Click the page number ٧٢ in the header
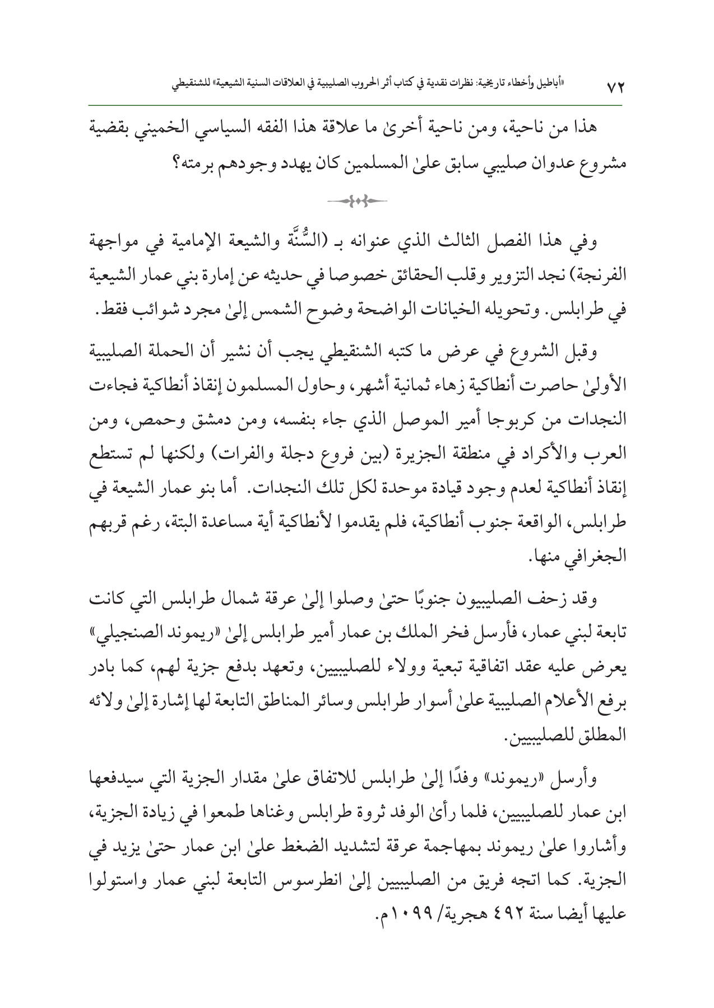pos(615,88)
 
